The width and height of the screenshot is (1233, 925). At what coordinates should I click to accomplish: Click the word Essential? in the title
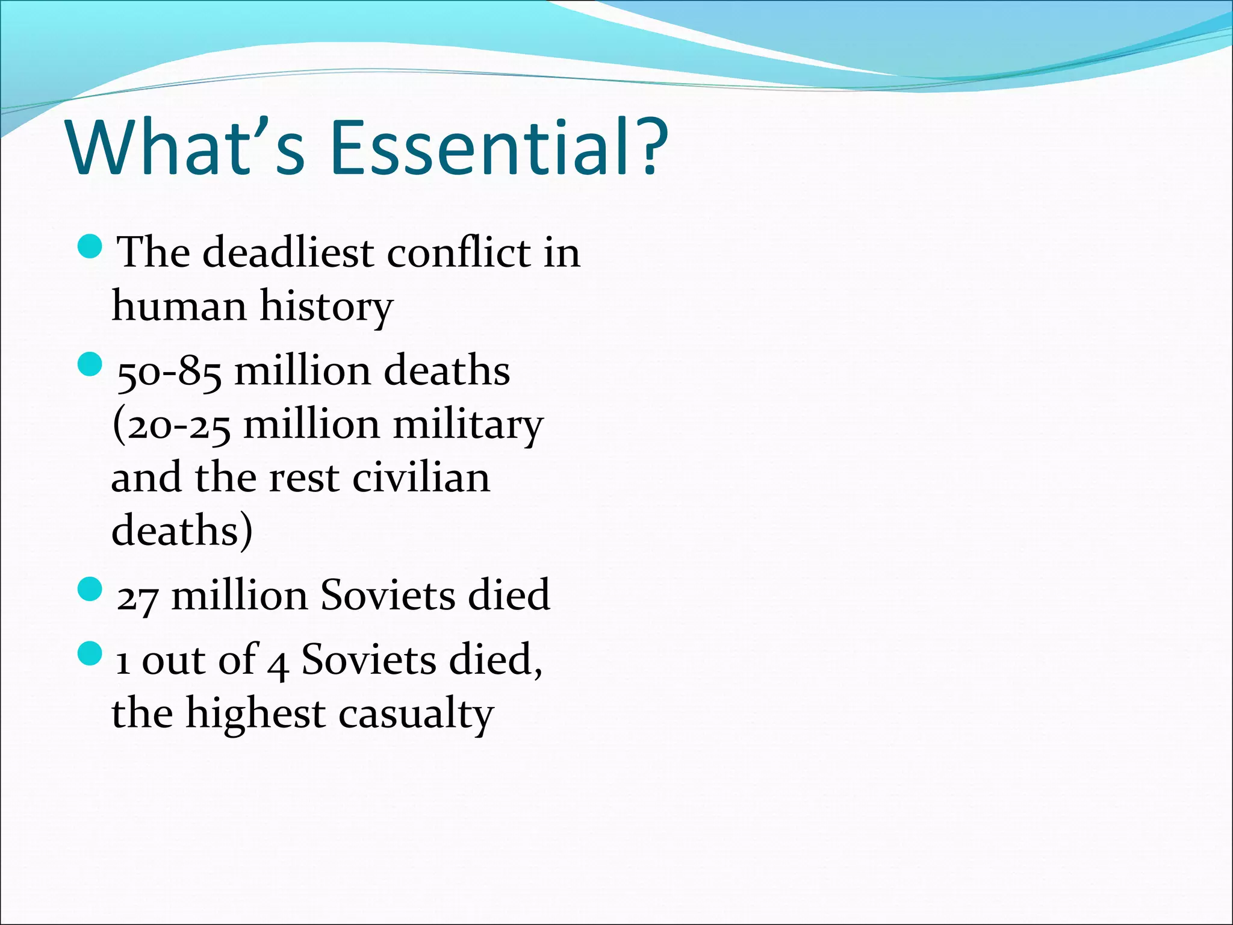tap(498, 148)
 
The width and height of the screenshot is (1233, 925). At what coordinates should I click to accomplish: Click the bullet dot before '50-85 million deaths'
tap(91, 365)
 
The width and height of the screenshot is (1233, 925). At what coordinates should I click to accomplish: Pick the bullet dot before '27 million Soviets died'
tap(91, 589)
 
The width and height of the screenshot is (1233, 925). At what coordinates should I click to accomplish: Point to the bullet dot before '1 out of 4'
tap(91, 653)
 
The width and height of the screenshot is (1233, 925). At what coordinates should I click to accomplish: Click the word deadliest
tap(288, 252)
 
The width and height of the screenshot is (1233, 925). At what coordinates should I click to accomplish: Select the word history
tap(326, 306)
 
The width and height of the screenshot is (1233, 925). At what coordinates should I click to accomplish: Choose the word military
tap(468, 425)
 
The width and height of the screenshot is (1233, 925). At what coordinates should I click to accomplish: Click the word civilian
tap(421, 478)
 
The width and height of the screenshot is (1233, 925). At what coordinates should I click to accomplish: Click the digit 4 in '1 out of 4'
tap(278, 665)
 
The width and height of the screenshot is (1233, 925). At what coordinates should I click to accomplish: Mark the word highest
tap(255, 714)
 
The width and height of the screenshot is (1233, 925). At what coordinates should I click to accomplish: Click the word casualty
tap(416, 714)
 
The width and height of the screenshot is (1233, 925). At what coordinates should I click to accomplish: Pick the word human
tap(179, 306)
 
